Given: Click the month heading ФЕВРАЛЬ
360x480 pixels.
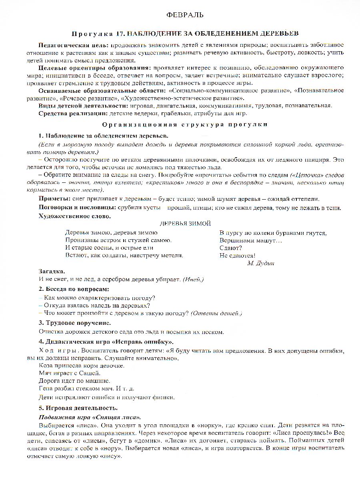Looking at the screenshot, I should tap(184, 15).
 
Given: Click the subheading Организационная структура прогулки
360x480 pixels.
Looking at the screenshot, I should tap(184, 124).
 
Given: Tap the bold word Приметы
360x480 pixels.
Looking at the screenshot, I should tap(54, 199).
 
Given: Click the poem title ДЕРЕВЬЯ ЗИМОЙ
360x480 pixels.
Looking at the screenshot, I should tap(185, 224).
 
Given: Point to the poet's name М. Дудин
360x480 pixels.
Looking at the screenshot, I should tap(261, 263).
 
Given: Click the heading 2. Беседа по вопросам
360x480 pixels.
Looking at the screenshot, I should tap(74, 289).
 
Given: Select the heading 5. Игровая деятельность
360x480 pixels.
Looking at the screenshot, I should tap(78, 408).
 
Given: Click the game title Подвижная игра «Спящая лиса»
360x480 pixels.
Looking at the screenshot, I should tap(90, 417).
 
